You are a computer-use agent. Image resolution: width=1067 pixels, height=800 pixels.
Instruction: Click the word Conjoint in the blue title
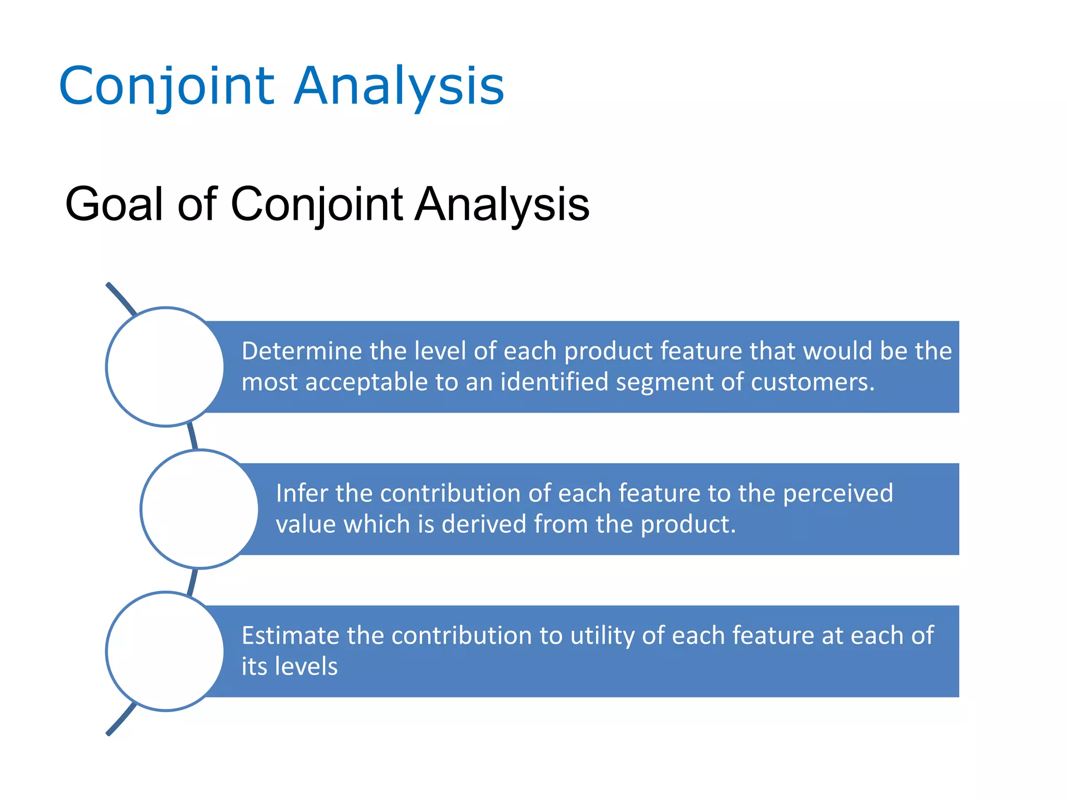click(167, 86)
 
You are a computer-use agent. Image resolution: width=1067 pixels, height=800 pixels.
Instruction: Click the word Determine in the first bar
click(302, 351)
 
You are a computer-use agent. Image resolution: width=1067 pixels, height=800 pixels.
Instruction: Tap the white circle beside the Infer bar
click(200, 509)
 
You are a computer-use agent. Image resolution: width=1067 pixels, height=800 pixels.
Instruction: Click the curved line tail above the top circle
click(120, 298)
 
